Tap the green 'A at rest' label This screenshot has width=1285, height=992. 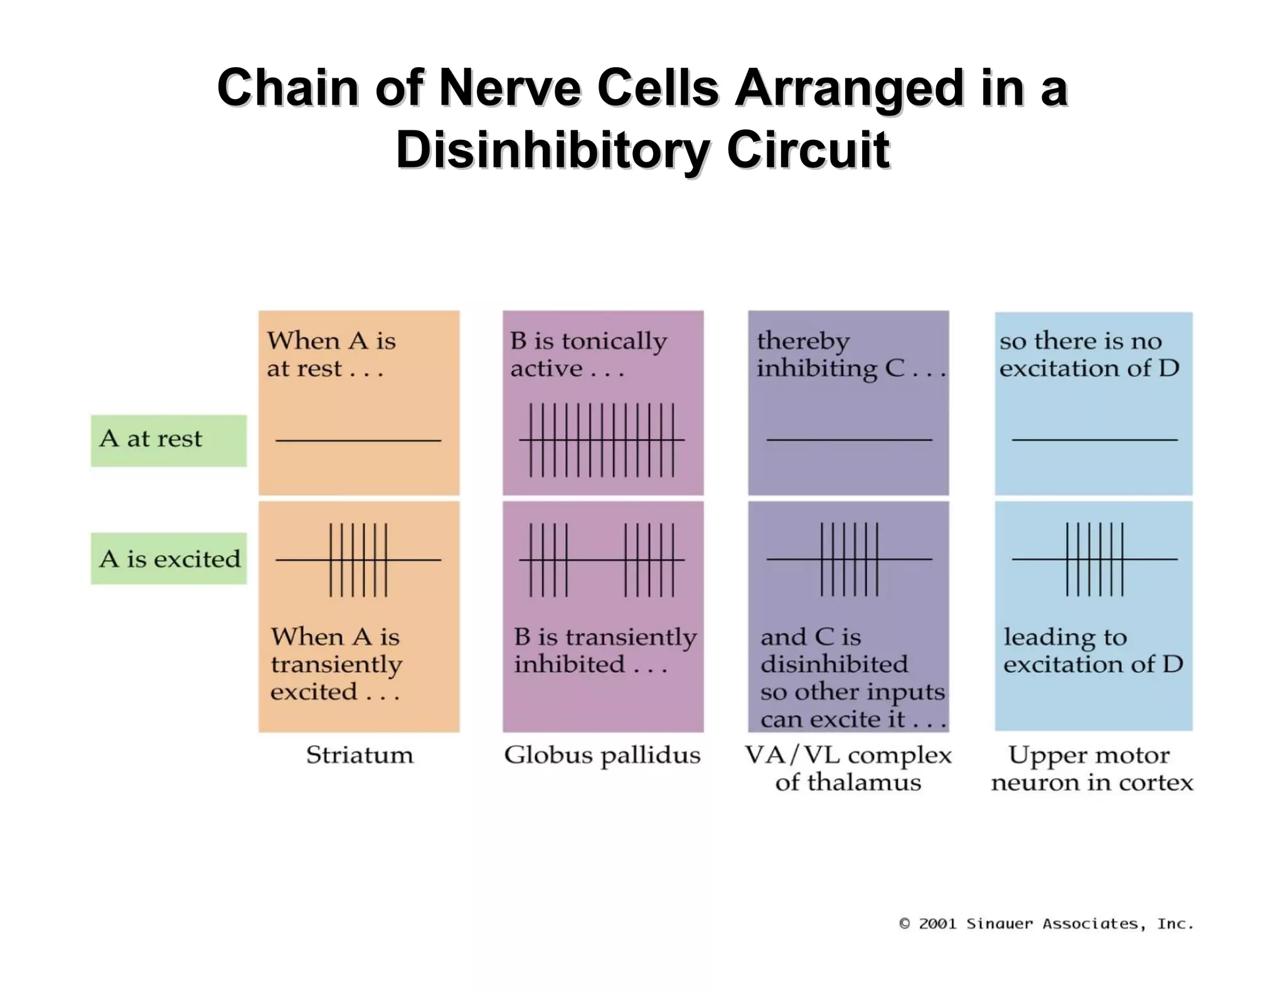click(x=168, y=440)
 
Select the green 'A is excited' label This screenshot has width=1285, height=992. click(x=169, y=558)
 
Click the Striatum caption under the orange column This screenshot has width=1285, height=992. click(x=360, y=754)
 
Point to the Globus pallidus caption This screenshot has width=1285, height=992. click(x=602, y=755)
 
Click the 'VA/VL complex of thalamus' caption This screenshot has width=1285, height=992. click(x=848, y=768)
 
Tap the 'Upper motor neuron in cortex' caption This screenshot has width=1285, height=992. click(x=1092, y=768)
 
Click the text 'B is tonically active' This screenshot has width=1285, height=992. click(x=588, y=354)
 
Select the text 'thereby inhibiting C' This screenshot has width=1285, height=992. click(x=850, y=354)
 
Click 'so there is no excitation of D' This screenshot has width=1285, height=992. click(x=1089, y=354)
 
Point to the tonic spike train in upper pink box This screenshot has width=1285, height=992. click(x=602, y=440)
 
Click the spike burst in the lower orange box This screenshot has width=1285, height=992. click(x=358, y=559)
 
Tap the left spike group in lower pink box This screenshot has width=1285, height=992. click(x=548, y=559)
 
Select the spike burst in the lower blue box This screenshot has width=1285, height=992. click(x=1094, y=559)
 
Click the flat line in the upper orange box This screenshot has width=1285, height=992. click(x=358, y=440)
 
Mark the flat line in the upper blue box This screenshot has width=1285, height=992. click(x=1094, y=440)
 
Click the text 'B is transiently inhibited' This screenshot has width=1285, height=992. click(x=605, y=650)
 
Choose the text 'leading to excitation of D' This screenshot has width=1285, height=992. click(x=1093, y=650)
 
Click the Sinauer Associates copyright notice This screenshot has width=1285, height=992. click(x=1046, y=924)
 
